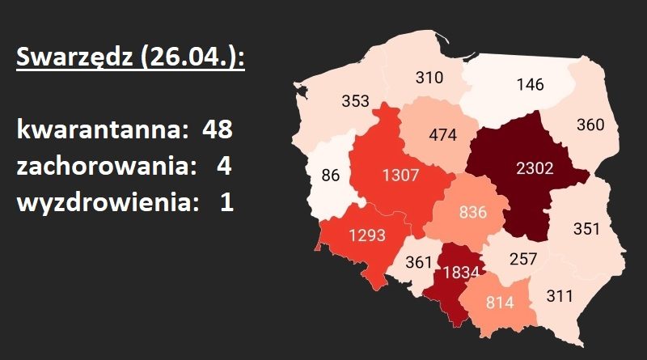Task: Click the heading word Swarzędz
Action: pyautogui.click(x=69, y=58)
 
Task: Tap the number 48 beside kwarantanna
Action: pyautogui.click(x=218, y=129)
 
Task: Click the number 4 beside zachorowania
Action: pyautogui.click(x=224, y=166)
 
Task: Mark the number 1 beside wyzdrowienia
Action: pyautogui.click(x=226, y=202)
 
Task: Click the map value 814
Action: pyautogui.click(x=501, y=306)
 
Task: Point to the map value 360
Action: pyautogui.click(x=591, y=125)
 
